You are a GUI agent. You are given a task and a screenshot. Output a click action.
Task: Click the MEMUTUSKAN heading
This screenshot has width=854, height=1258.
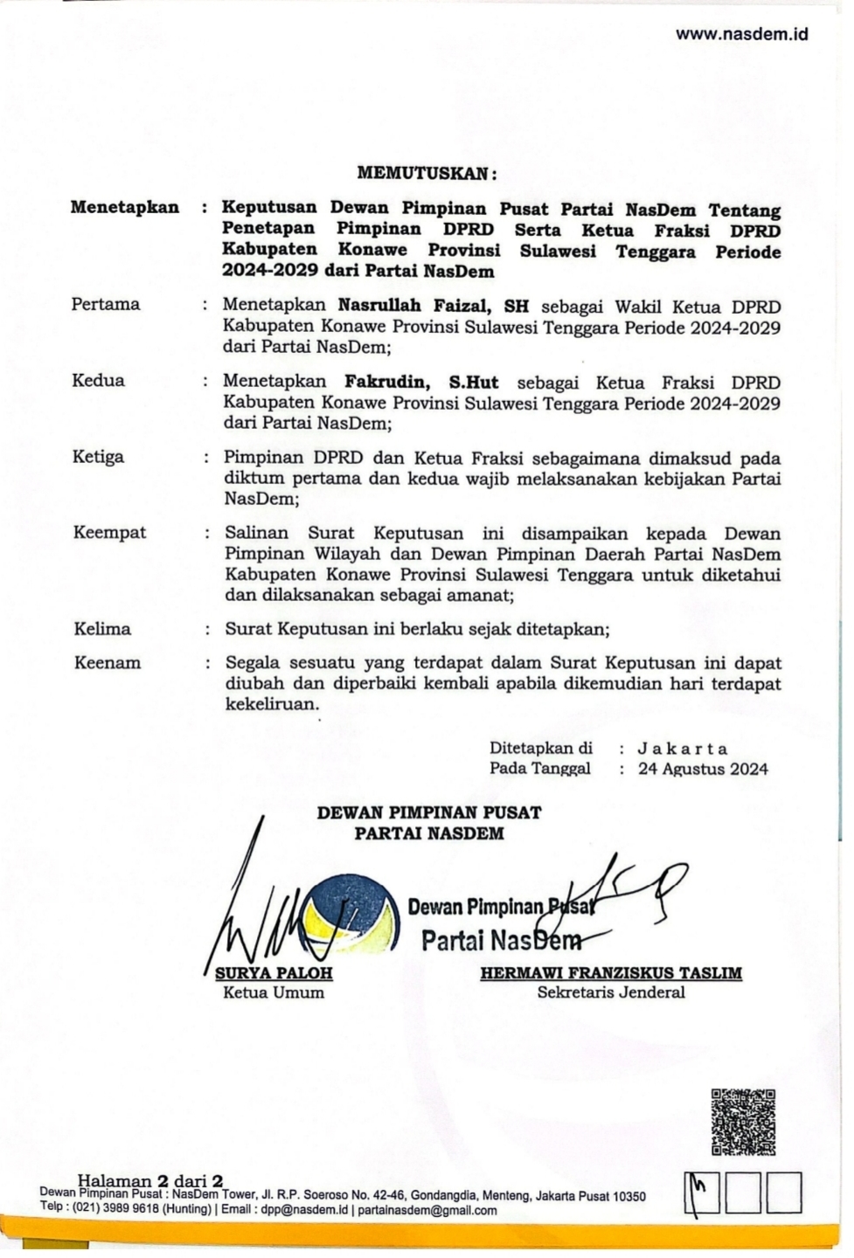427,173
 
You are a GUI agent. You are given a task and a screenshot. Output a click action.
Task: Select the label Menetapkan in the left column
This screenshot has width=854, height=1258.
125,208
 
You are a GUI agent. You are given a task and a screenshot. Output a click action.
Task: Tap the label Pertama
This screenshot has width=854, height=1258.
106,304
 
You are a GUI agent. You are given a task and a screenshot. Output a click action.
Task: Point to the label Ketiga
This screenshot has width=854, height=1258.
98,456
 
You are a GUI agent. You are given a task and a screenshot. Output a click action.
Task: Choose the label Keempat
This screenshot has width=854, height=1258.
109,532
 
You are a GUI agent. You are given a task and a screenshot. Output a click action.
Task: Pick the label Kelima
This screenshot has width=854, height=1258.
102,628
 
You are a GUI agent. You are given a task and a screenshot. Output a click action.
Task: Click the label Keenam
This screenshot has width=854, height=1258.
107,662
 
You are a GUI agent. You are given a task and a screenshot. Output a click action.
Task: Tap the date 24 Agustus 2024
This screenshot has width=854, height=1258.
703,769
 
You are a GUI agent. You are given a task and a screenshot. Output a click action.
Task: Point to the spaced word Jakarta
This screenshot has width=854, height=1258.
682,749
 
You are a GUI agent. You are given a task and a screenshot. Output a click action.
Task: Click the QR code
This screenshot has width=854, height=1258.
743,1123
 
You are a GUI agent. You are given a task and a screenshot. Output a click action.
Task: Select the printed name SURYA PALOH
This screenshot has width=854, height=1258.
274,973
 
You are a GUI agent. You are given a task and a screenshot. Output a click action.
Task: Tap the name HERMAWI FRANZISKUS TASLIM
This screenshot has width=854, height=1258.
610,972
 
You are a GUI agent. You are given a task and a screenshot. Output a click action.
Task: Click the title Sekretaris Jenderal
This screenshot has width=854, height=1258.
611,992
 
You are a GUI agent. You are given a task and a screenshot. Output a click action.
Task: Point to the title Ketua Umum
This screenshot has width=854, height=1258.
274,992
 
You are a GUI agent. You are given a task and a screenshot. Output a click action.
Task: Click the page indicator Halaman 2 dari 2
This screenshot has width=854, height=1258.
150,1181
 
